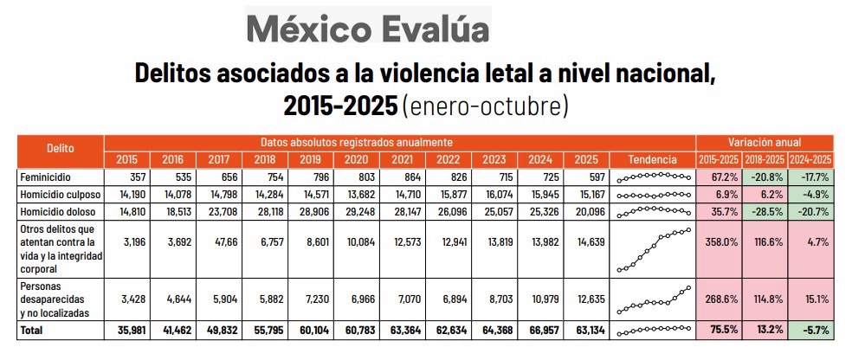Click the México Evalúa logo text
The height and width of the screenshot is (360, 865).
367,29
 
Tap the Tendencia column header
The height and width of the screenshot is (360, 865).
653,160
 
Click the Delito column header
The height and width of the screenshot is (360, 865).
60,149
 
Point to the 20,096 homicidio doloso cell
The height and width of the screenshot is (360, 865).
586,210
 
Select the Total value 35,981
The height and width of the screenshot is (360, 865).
126,330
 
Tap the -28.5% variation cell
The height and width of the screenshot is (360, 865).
765,210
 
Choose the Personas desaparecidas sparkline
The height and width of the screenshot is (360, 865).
653,299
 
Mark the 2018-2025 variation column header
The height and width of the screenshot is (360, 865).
765,160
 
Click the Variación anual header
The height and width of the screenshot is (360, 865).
765,142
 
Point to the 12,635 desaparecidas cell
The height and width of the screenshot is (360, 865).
586,299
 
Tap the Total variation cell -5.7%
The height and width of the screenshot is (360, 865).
811,330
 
